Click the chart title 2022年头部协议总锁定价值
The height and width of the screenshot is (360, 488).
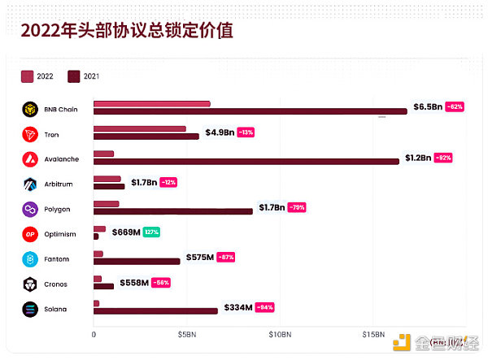click(127, 32)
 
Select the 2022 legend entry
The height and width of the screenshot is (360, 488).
click(38, 76)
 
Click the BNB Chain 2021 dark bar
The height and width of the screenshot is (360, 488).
click(250, 111)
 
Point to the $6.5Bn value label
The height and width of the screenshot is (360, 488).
click(428, 106)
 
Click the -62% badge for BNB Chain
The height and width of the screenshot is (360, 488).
click(455, 106)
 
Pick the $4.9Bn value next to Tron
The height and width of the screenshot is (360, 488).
click(220, 132)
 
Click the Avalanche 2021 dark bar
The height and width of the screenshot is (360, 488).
click(246, 161)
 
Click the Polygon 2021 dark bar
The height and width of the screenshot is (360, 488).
click(173, 211)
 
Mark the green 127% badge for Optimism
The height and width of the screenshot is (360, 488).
click(152, 232)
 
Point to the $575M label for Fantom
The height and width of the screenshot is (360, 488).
click(199, 257)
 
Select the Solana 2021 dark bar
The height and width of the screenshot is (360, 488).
click(155, 310)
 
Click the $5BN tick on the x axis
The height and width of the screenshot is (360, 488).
click(187, 334)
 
